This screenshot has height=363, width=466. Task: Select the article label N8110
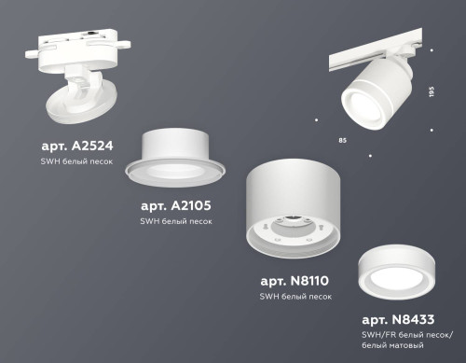[x=295, y=280]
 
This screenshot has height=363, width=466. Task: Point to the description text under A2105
[x=176, y=221]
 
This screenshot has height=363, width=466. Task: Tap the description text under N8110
[x=295, y=297]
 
